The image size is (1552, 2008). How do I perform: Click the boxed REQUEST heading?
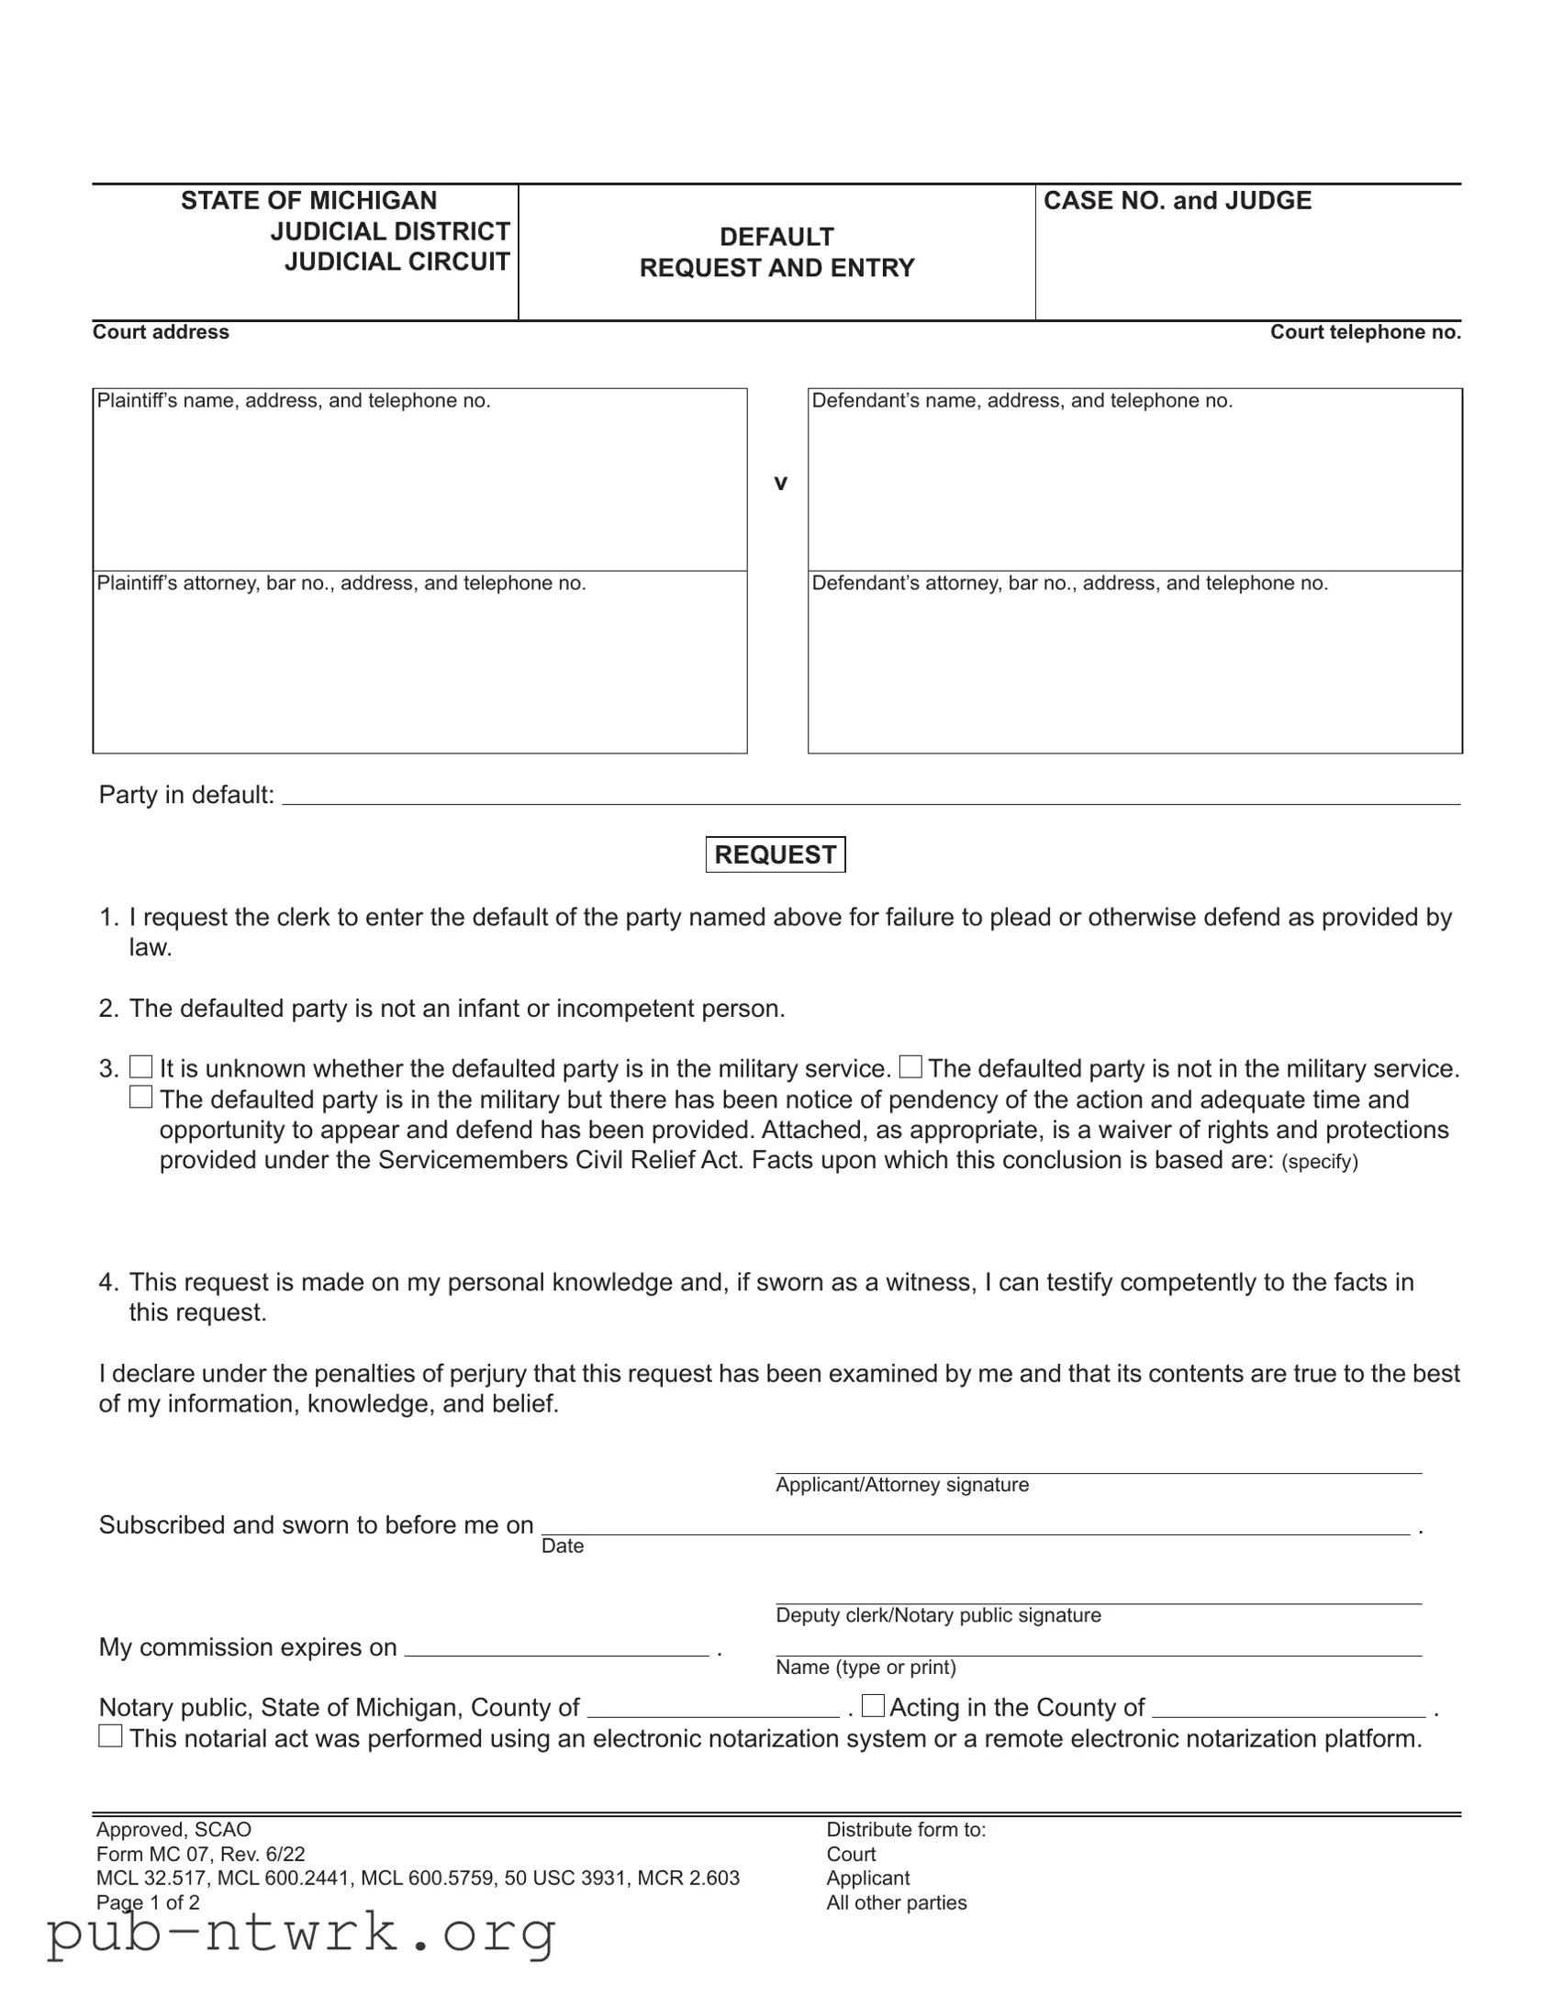click(x=775, y=854)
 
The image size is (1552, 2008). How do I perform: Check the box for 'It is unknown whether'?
click(x=140, y=1066)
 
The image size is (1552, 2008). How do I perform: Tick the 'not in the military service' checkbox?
click(x=910, y=1066)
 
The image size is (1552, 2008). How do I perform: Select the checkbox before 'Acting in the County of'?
click(x=873, y=1706)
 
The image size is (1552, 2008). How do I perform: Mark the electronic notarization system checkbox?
click(x=110, y=1736)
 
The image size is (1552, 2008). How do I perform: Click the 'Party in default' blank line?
click(x=870, y=797)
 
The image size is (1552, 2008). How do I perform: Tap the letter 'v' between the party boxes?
click(x=781, y=483)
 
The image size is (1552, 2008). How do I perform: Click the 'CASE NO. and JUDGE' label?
click(x=1177, y=200)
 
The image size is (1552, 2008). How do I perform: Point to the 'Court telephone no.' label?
click(x=1366, y=332)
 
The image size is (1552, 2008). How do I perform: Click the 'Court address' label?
click(x=161, y=332)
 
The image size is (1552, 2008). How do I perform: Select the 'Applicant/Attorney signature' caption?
click(x=902, y=1485)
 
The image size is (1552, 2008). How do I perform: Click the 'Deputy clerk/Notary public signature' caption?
click(x=938, y=1615)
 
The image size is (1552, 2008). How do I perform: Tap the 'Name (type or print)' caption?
click(x=865, y=1668)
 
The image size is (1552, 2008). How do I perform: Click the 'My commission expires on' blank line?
click(x=556, y=1647)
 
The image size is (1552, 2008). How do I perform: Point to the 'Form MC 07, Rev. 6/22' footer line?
click(x=200, y=1855)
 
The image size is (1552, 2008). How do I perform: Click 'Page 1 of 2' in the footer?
click(x=148, y=1902)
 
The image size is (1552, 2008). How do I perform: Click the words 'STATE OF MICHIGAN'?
click(x=309, y=200)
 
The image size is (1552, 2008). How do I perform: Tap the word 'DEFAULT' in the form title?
click(x=777, y=237)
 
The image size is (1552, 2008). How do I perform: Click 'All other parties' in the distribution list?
click(x=897, y=1902)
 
